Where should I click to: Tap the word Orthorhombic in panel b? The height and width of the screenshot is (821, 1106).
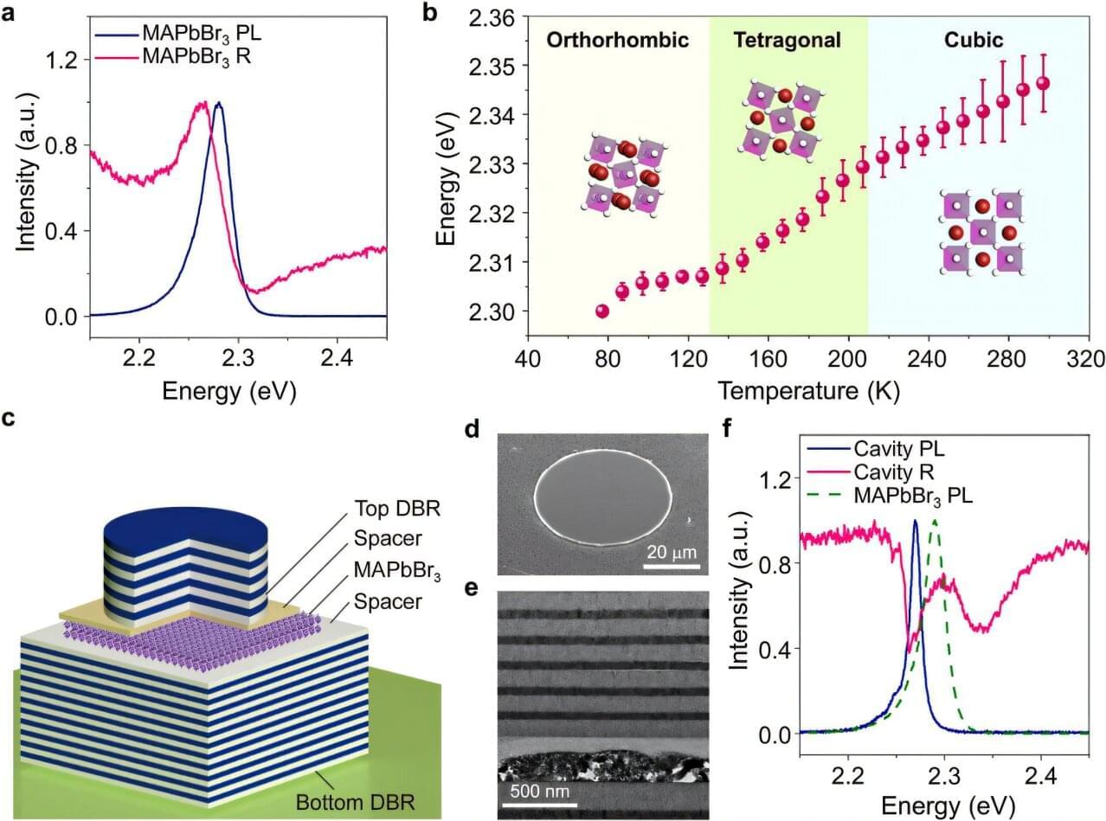[x=617, y=40]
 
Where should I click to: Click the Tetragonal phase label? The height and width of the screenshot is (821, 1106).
[x=788, y=40]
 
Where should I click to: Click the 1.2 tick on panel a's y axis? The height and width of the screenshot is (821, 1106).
[x=64, y=60]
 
